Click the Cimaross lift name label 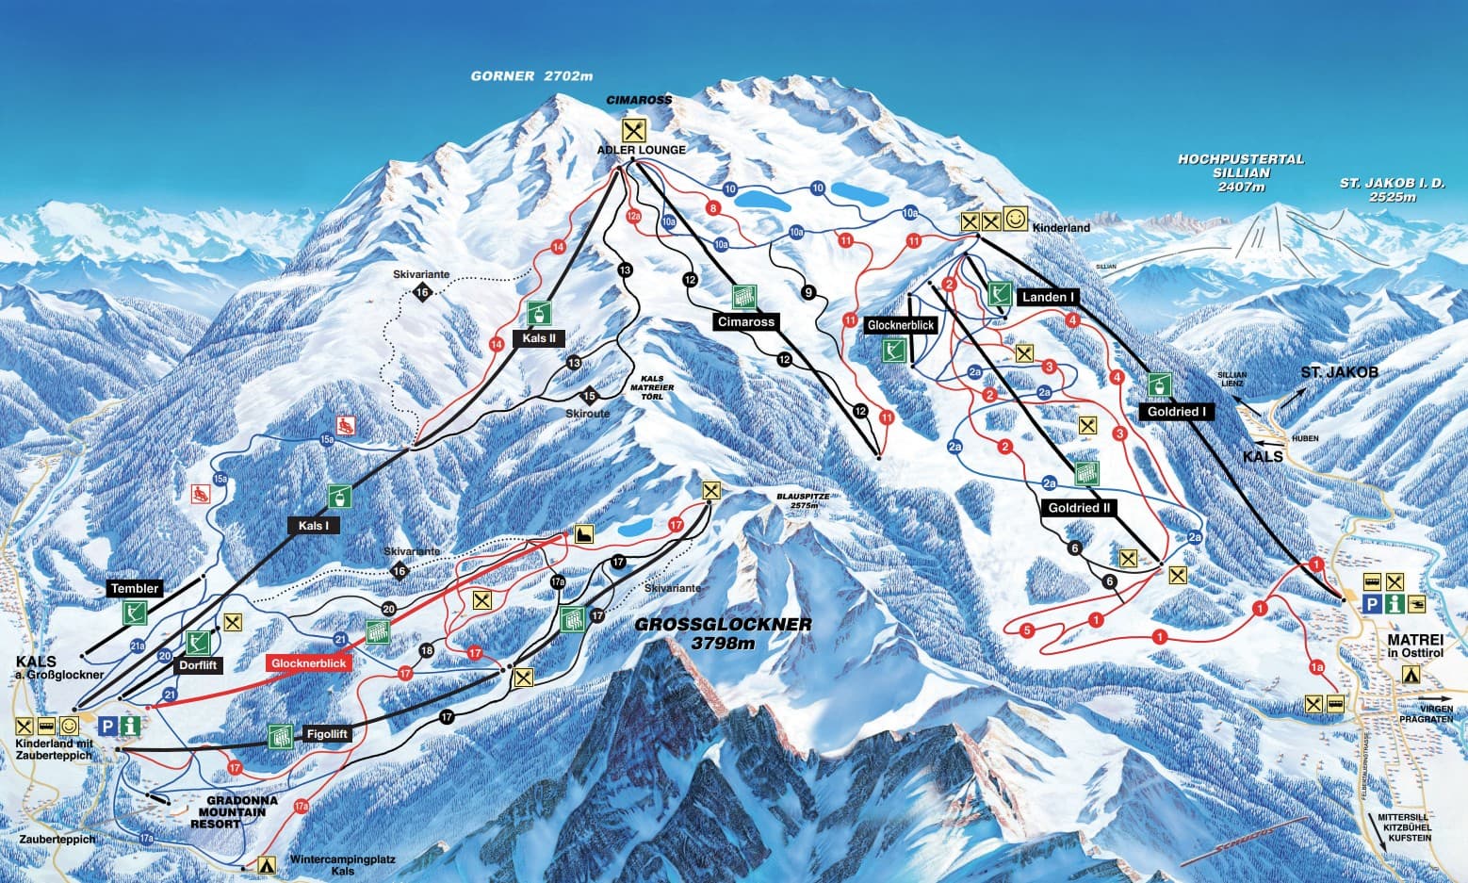[x=745, y=322]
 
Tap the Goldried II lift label [x=1079, y=508]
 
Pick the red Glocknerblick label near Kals [x=309, y=663]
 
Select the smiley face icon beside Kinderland [x=1015, y=220]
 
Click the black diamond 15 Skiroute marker [x=591, y=396]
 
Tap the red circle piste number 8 [x=713, y=208]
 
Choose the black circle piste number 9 [x=807, y=292]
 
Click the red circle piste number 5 [x=1027, y=630]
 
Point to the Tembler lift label [x=135, y=588]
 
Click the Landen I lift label [x=1048, y=297]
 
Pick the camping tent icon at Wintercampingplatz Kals [x=267, y=862]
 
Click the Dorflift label [x=198, y=665]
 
